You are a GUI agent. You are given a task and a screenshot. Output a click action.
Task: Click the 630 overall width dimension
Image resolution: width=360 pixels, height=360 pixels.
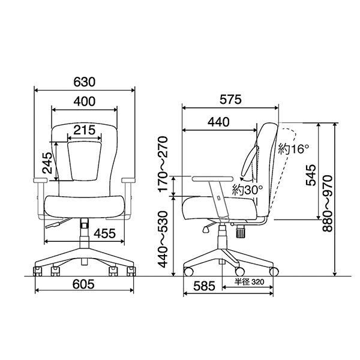[84, 82]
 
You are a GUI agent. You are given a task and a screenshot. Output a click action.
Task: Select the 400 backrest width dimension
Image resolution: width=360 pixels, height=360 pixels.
[85, 101]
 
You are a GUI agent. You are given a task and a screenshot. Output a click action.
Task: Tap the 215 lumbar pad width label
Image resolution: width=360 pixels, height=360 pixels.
[84, 130]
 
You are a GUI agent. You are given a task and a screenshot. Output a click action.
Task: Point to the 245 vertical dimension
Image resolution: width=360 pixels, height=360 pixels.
[47, 163]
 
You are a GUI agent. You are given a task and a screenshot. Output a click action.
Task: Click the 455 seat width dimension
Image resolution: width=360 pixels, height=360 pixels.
[104, 233]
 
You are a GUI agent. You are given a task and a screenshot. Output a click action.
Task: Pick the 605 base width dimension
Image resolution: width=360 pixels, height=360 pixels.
[83, 284]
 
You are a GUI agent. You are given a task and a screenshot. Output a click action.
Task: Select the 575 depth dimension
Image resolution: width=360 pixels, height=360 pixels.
[231, 100]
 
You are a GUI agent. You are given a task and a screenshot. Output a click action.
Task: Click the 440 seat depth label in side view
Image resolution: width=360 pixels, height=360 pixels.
[218, 122]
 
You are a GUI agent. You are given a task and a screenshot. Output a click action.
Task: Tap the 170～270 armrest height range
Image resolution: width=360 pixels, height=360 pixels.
[163, 164]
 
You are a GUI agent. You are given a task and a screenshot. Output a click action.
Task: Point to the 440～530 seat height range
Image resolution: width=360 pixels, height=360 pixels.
[163, 239]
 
